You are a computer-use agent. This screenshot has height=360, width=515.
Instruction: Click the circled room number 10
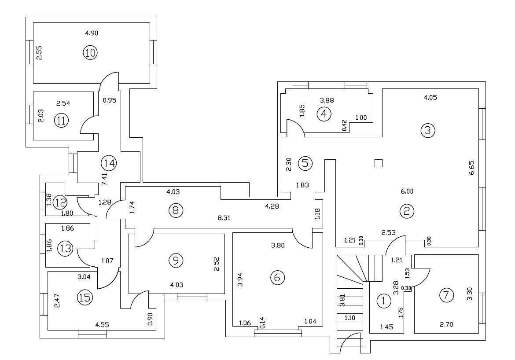coord(90,52)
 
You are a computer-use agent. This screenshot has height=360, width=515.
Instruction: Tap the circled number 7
coord(446,295)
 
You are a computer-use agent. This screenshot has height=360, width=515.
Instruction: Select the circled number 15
coord(85,298)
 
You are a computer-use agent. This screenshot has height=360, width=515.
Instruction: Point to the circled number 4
coord(324,114)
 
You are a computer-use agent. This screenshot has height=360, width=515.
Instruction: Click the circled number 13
coord(66,248)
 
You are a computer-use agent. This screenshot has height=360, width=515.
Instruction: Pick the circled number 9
coord(176,261)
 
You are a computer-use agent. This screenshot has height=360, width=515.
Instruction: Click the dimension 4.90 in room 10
coord(92,33)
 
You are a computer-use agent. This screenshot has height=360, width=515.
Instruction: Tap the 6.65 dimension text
coord(472,168)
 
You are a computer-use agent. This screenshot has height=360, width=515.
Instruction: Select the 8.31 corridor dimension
coord(224,217)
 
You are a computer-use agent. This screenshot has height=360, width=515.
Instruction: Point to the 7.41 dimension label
coord(104,180)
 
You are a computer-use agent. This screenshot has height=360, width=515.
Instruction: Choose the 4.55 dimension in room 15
coord(102,325)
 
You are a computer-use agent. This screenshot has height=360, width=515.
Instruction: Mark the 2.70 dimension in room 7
coord(446,324)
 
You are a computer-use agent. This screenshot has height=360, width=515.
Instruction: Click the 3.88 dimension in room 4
coord(327,100)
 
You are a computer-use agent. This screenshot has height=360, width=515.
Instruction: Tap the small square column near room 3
coord(379,163)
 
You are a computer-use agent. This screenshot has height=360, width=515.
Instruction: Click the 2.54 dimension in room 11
coord(63,103)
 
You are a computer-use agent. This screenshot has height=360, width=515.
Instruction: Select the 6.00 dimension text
coord(407,191)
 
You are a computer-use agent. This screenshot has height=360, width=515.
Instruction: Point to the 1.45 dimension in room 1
coord(386,327)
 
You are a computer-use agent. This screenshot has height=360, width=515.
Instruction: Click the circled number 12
coord(60,202)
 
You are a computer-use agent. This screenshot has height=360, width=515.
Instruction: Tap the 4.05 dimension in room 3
coord(430,97)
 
